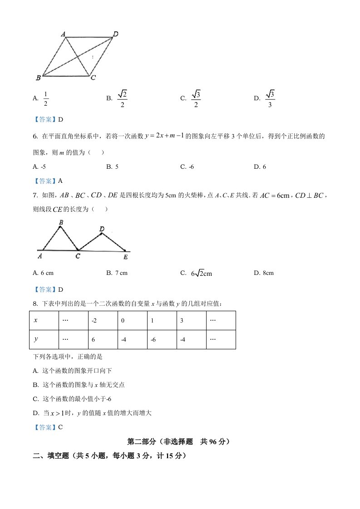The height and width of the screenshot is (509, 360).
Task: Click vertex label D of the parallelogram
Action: [x=116, y=34]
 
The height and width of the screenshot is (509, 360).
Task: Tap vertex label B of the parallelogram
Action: [x=38, y=78]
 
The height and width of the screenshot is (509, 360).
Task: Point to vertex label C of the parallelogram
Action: [x=93, y=78]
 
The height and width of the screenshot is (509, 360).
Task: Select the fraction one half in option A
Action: [x=45, y=98]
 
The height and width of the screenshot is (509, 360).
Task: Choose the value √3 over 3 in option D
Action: [x=270, y=98]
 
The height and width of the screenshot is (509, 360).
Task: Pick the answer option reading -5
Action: [x=43, y=166]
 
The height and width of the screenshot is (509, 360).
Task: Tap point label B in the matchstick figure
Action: [x=61, y=222]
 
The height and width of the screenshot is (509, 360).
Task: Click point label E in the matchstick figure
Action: [x=125, y=257]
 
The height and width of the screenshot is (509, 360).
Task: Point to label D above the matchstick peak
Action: [x=102, y=229]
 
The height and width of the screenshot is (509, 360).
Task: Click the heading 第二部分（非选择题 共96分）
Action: [x=179, y=441]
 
